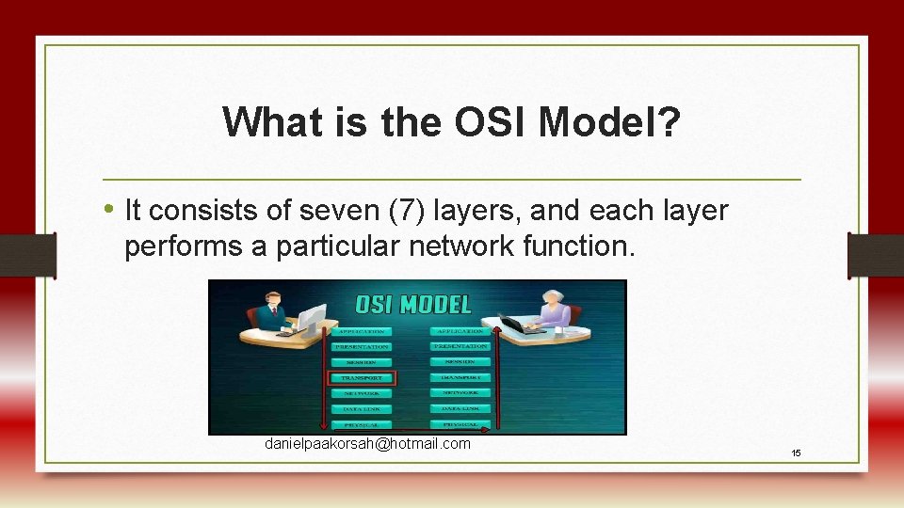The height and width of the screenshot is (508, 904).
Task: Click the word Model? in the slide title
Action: tap(616, 121)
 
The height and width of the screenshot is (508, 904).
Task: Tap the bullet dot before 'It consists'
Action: tap(111, 209)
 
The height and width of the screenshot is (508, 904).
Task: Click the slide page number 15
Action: tap(796, 453)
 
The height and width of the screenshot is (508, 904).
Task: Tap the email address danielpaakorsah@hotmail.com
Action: tap(367, 443)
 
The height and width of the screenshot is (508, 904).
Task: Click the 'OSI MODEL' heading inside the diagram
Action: tap(412, 304)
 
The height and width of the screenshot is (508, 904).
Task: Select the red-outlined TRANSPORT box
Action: tap(363, 378)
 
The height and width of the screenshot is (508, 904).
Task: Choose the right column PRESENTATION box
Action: tap(461, 346)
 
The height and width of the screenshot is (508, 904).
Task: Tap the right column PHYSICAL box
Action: tap(461, 424)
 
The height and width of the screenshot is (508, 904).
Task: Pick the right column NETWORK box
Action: tap(461, 392)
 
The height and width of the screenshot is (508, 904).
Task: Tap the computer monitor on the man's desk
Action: tap(311, 316)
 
